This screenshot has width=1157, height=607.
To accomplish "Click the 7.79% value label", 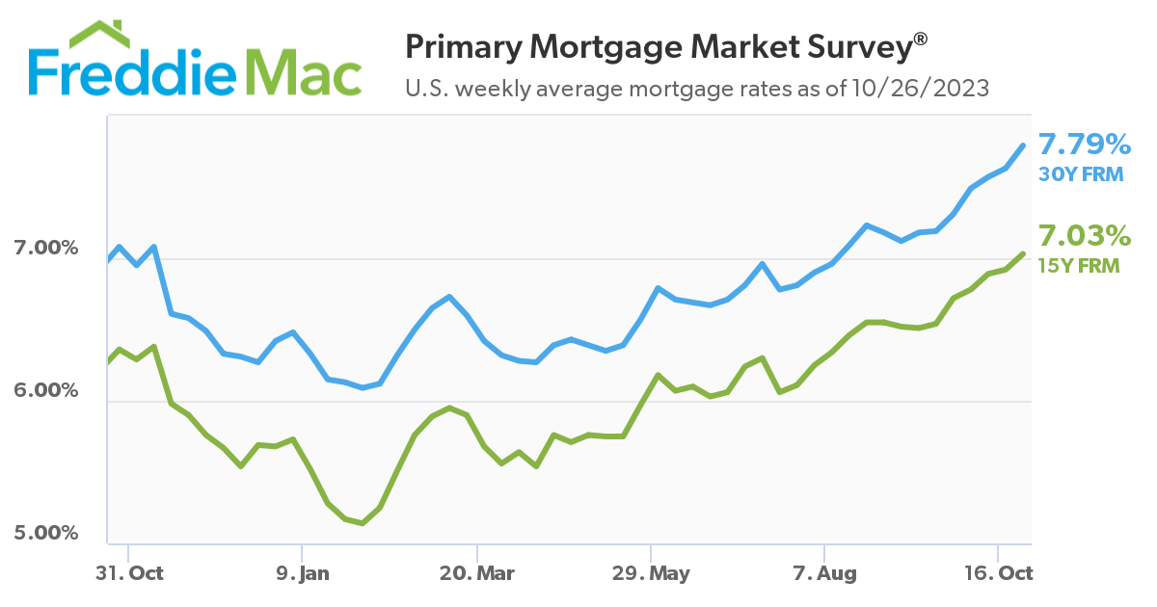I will coord(1084,145).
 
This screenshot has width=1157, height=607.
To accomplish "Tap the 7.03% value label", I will coord(1084,236).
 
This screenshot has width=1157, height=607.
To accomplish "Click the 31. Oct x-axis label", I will coord(130,573).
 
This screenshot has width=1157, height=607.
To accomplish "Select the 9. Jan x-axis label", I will coord(303,573).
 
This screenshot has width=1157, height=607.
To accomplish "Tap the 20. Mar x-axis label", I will coord(478,573).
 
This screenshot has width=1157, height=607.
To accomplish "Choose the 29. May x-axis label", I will coord(653,573).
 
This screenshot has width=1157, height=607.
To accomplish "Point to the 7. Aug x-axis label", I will coord(825,573).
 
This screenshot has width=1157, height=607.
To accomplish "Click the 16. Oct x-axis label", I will coord(1000,573).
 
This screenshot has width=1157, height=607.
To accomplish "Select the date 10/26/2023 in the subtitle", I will coord(920,90).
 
